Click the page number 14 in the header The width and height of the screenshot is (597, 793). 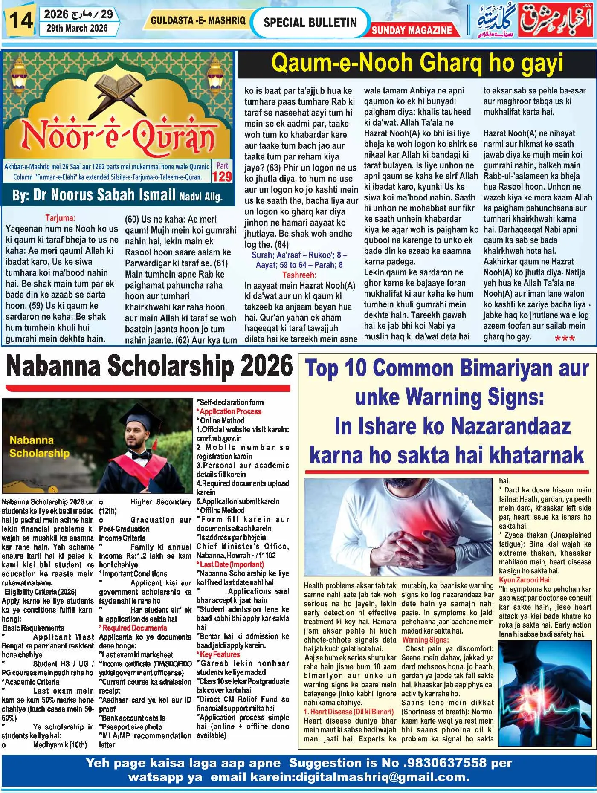(x=20, y=20)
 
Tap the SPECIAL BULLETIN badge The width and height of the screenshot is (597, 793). (x=310, y=22)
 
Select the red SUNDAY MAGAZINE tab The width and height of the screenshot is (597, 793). (x=412, y=30)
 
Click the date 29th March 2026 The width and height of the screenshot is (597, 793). (x=76, y=29)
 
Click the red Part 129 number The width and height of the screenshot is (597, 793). (x=222, y=177)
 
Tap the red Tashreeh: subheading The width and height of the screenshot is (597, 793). (x=299, y=275)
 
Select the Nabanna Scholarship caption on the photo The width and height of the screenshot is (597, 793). (x=39, y=446)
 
